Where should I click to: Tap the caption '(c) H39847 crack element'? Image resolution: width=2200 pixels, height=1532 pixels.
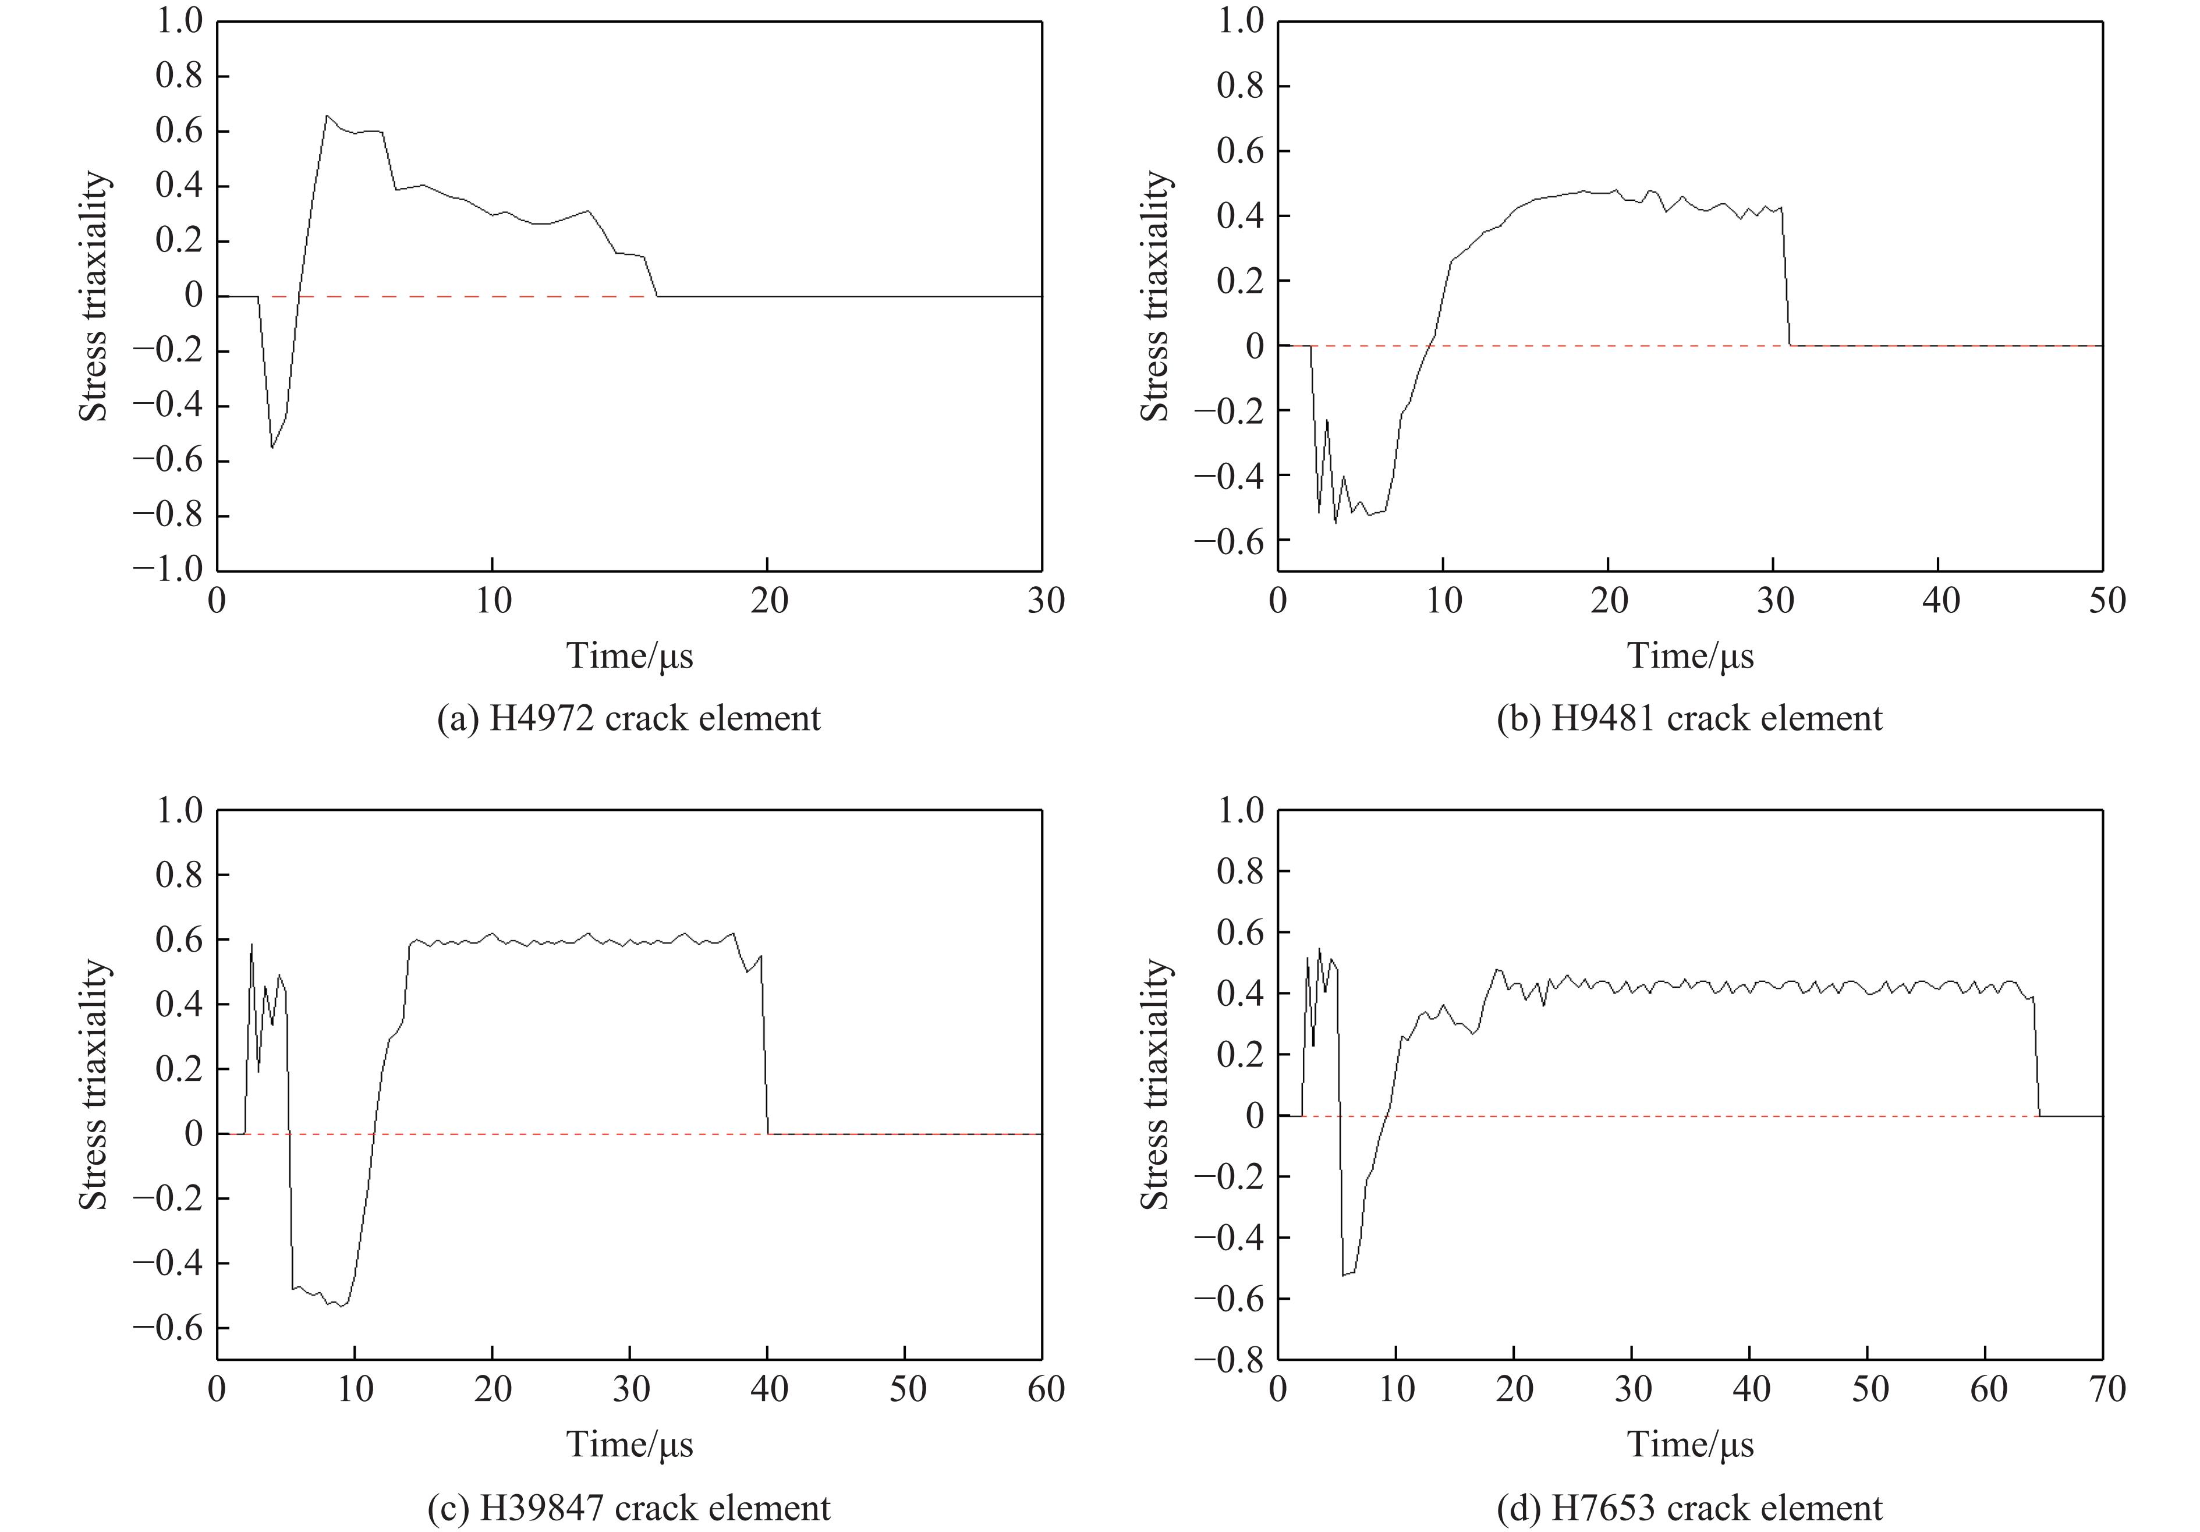pos(629,1508)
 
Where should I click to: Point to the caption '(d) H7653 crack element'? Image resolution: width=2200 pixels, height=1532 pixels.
pos(1689,1508)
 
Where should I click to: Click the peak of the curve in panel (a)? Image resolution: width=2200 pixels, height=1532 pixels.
pos(327,116)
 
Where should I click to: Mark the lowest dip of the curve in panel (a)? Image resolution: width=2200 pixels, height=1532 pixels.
pos(272,448)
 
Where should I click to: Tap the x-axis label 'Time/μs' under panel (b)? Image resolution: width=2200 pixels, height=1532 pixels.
pos(1690,657)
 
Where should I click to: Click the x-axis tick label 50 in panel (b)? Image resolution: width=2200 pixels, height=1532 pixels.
pos(2103,601)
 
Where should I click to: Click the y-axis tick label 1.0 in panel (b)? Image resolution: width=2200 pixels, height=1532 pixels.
pos(1241,21)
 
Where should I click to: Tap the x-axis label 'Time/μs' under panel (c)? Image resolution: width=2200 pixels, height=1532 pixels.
pos(629,1445)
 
